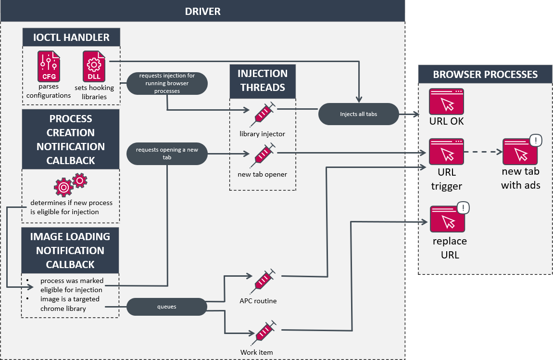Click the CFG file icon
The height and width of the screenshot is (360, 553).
pos(49,66)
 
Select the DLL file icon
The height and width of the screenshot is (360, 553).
pos(94,66)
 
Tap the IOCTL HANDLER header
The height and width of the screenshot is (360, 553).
pos(71,37)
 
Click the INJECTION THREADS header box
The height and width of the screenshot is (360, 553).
pos(263,80)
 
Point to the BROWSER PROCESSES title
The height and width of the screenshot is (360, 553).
pos(485,75)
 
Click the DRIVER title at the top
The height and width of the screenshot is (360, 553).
pos(202,11)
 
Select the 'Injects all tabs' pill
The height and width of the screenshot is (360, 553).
pos(359,115)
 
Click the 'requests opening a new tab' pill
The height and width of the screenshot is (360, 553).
pos(167,153)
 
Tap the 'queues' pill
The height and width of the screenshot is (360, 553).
pos(166,307)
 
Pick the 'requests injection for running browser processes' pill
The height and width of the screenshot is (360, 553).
pos(167,84)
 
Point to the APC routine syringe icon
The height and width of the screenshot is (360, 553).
pos(263,281)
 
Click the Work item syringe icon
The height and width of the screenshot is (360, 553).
pos(263,332)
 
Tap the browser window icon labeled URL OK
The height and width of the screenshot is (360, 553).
pos(446,101)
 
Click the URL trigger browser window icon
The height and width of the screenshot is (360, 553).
pos(446,152)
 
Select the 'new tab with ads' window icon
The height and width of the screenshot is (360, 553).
pos(520,152)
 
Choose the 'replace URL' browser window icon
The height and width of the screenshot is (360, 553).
pos(447,219)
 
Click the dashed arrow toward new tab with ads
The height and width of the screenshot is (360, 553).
pos(483,152)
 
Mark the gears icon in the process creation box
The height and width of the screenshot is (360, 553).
pos(71,185)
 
